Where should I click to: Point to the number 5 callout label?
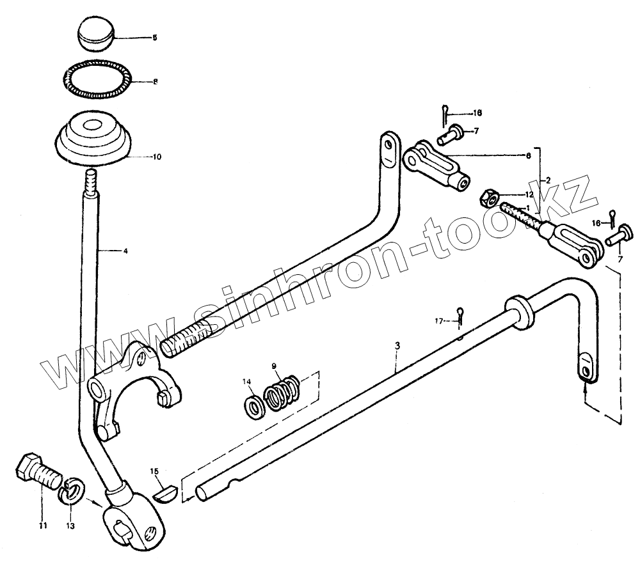tap(154, 38)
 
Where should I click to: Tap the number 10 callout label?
tap(157, 157)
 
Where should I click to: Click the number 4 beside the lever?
tap(125, 251)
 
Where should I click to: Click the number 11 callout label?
tap(43, 526)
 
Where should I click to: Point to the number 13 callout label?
tap(70, 526)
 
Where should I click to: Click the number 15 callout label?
tap(154, 472)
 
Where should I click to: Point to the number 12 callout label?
tap(529, 194)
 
